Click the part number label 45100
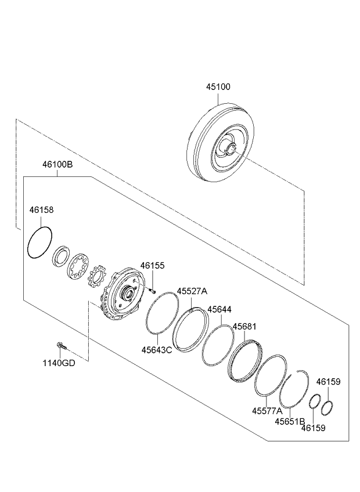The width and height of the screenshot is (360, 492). [x=218, y=87]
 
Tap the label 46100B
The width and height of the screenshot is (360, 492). [x=57, y=165]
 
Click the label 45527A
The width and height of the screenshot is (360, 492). [x=192, y=291]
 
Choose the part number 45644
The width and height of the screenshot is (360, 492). [x=219, y=310]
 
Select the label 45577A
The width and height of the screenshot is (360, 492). [x=267, y=410]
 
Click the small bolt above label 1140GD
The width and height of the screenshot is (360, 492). [x=61, y=346]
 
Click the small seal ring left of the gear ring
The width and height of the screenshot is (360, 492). [x=60, y=256]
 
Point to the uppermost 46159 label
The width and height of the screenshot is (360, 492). [x=328, y=382]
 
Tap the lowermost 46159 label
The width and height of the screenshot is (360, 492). [x=313, y=428]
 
